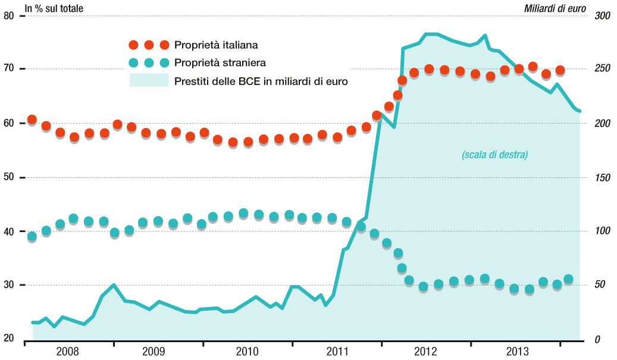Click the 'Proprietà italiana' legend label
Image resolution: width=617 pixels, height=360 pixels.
[216, 45]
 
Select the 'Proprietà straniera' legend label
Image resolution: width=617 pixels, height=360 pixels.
[220, 62]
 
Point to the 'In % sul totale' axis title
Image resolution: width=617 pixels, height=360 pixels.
[54, 8]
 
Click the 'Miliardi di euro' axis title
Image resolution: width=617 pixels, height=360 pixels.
[555, 8]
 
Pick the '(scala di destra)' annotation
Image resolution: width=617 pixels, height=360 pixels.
[495, 155]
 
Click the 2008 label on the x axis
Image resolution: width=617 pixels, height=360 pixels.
[67, 351]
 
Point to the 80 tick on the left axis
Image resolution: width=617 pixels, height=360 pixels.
[9, 15]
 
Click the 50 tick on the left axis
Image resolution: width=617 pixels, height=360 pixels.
[9, 177]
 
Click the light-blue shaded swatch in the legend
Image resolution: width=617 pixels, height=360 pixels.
[149, 80]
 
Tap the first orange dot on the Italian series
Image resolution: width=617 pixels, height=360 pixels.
[32, 120]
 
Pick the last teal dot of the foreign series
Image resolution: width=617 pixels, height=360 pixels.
[568, 279]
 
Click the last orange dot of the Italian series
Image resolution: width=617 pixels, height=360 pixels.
[560, 70]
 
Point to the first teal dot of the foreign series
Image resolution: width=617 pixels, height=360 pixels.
[32, 236]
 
